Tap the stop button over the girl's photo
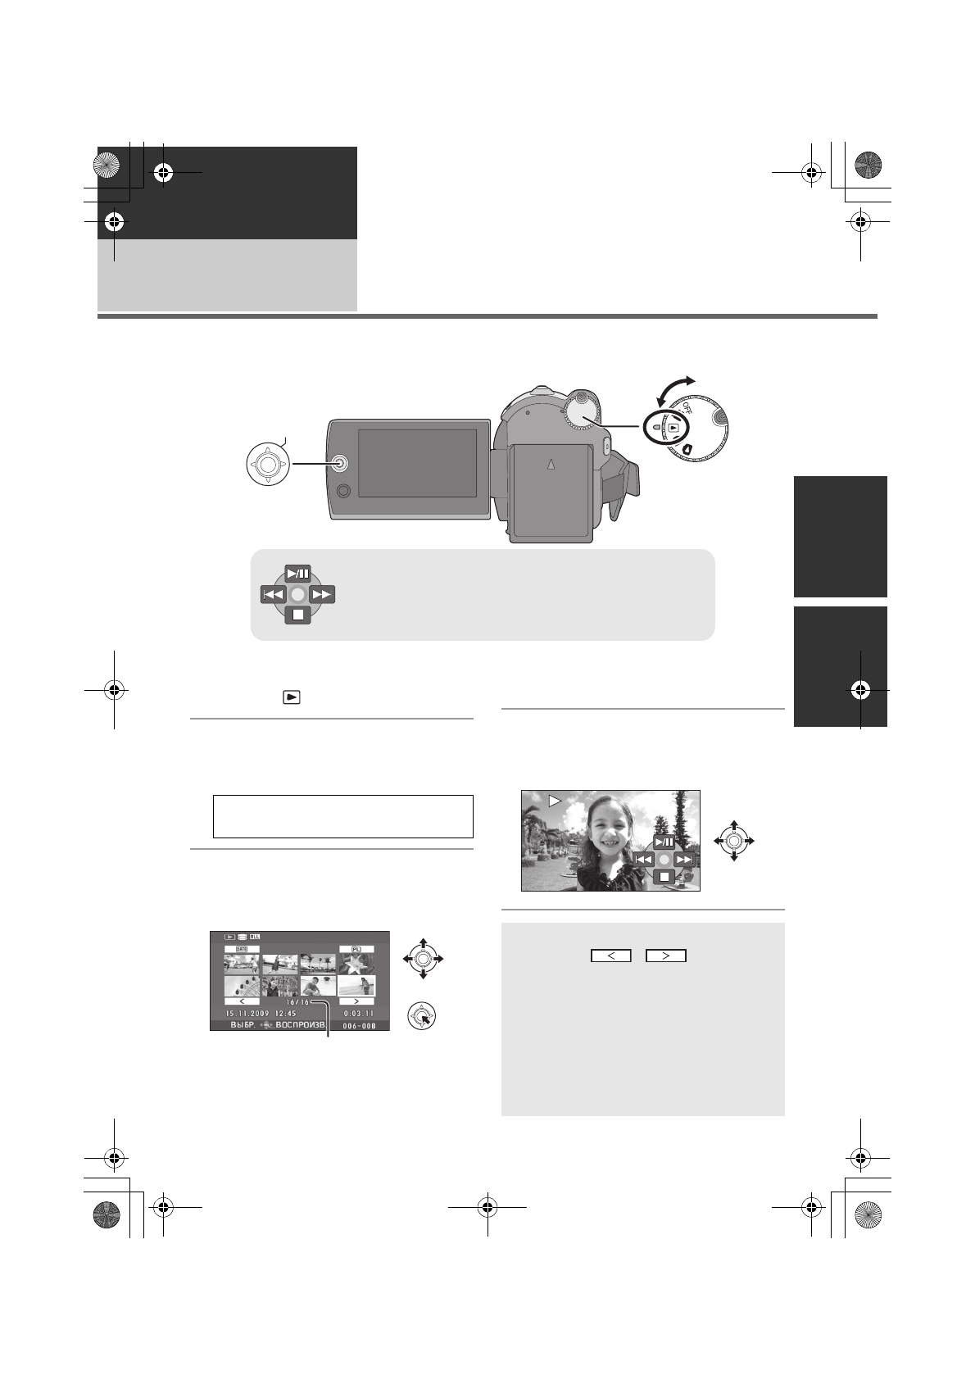coord(664,877)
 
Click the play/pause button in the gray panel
coord(298,573)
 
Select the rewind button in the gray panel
coord(274,594)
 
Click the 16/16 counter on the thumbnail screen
coord(298,1001)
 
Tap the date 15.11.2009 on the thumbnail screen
coord(247,1013)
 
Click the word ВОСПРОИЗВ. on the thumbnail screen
coord(302,1025)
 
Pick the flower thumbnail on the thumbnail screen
coord(356,964)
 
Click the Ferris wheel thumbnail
coord(242,986)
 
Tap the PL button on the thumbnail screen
coord(356,949)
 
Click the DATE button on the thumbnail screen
coord(242,949)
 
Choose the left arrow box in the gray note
coord(611,956)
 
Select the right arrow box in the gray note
coord(665,956)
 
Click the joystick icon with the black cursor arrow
coord(421,1017)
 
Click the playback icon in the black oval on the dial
coord(673,428)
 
